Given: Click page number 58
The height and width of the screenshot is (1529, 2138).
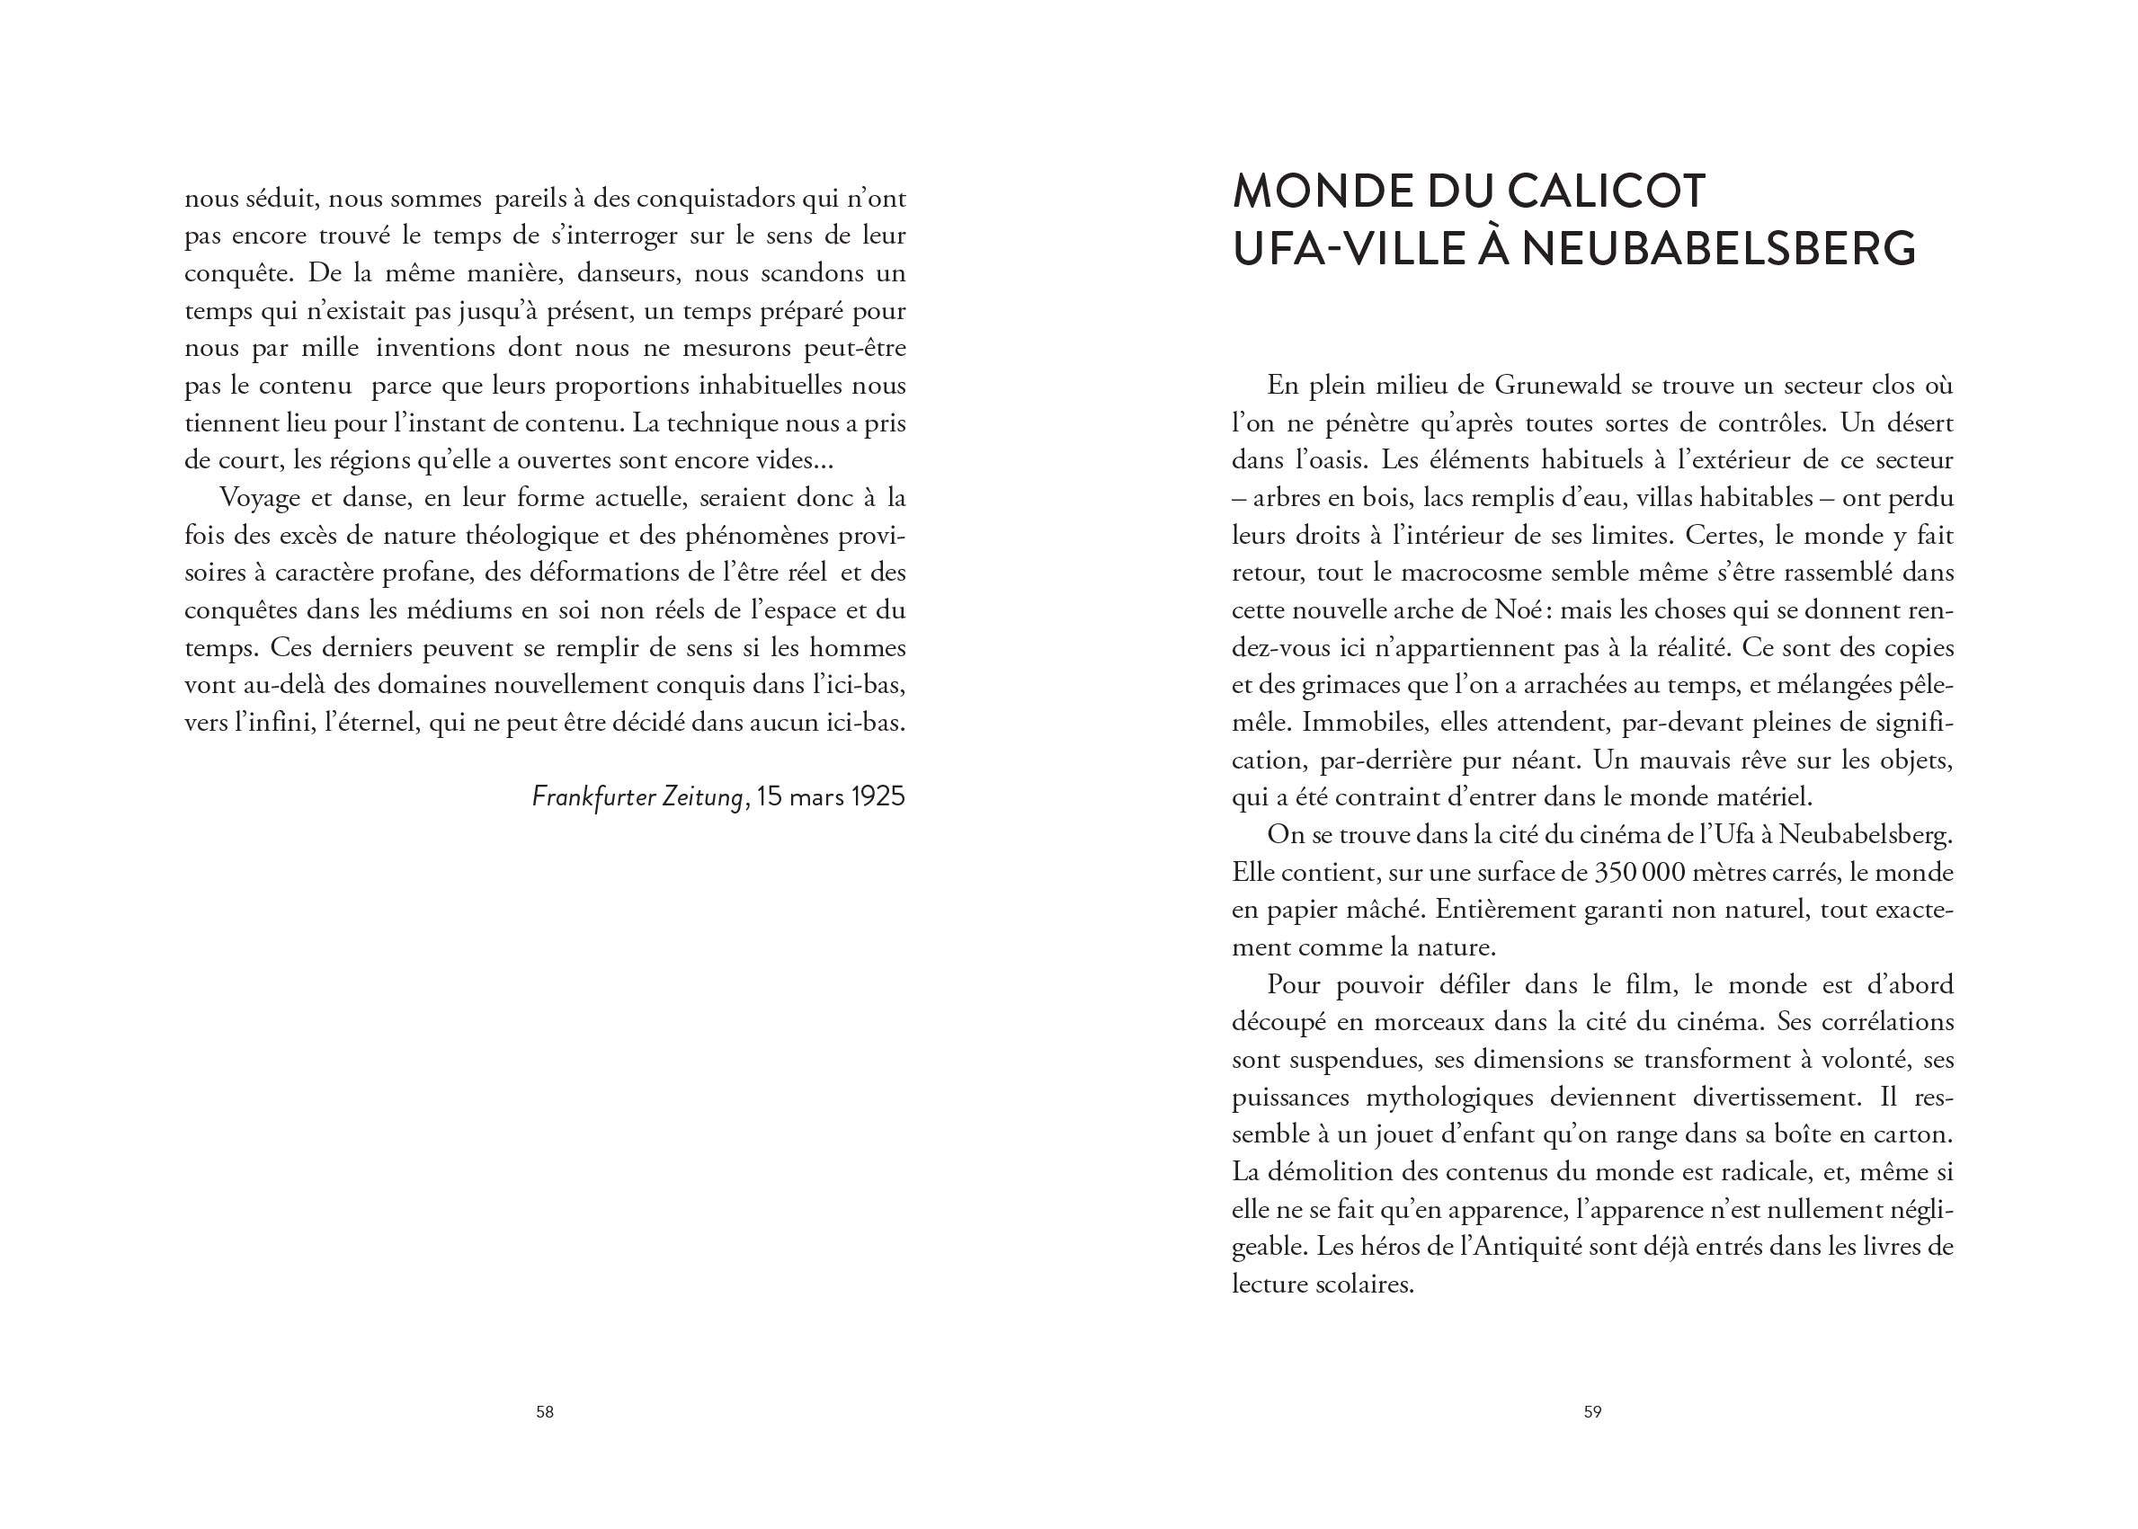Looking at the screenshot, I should pos(544,1411).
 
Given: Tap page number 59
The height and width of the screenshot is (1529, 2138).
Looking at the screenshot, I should pos(1592,1411).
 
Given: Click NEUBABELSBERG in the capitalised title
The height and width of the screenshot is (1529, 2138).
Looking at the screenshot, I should pos(1718,250).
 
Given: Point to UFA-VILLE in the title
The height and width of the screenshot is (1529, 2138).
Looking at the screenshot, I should pos(1348,250).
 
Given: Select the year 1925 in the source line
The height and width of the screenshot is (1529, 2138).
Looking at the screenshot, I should pos(877,796).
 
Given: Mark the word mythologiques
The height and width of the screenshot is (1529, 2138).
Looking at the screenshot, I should pos(1449,1098).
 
